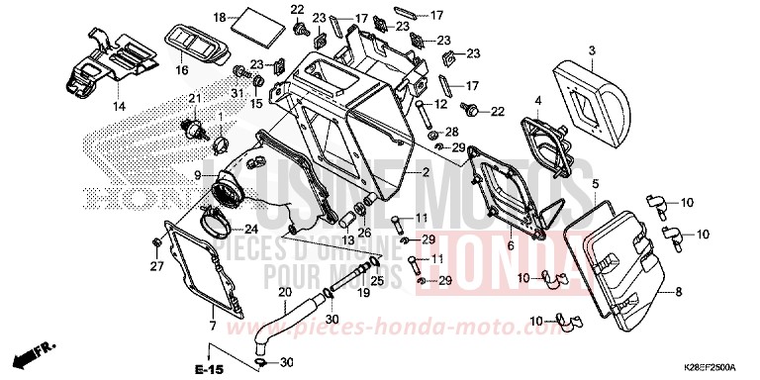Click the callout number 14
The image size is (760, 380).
119,106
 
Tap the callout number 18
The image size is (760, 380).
220,17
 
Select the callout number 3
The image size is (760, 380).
591,50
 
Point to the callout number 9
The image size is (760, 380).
197,176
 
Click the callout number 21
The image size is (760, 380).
195,98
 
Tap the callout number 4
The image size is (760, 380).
538,100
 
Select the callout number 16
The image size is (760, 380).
182,71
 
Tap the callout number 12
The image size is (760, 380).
441,104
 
